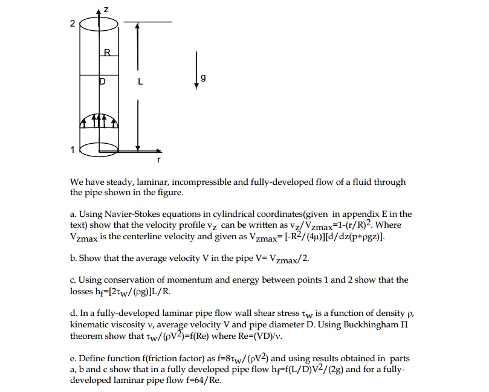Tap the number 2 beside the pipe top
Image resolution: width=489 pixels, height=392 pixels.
pyautogui.click(x=73, y=25)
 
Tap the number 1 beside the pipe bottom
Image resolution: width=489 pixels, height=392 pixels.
pyautogui.click(x=73, y=150)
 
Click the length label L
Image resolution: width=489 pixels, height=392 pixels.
pyautogui.click(x=140, y=82)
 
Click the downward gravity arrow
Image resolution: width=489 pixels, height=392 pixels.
pyautogui.click(x=196, y=71)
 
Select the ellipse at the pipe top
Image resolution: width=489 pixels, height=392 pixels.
pyautogui.click(x=100, y=25)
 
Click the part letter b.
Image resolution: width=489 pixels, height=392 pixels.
pyautogui.click(x=73, y=258)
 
